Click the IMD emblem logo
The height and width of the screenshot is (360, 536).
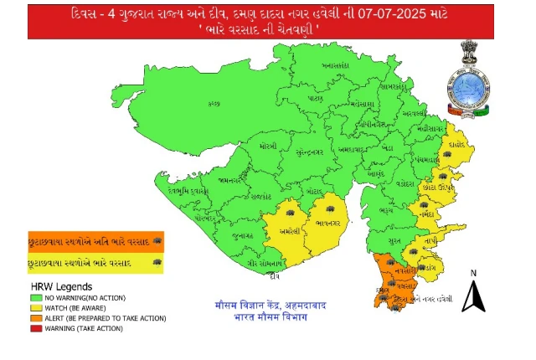[x=478, y=77]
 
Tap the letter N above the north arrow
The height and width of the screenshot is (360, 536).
[x=473, y=273]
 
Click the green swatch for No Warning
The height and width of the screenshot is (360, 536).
[x=35, y=298]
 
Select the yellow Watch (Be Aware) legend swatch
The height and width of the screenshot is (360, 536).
[x=35, y=308]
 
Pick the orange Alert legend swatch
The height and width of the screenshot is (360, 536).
[x=35, y=318]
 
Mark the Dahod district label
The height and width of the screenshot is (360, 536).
[x=455, y=143]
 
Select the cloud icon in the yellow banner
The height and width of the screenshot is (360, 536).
[x=157, y=263]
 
